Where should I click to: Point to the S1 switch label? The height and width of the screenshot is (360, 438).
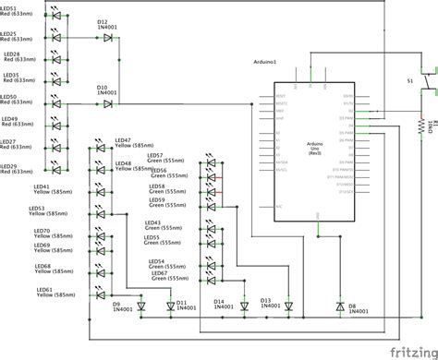click(x=410, y=80)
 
